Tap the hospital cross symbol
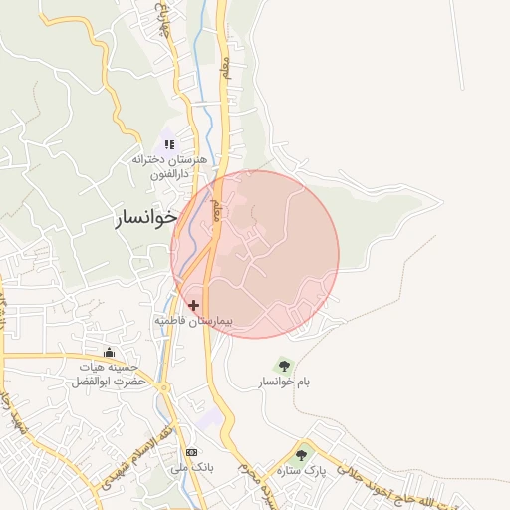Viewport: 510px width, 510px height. [x=193, y=305]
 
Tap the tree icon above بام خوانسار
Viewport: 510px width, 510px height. [x=284, y=365]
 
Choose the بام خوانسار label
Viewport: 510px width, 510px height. [x=284, y=382]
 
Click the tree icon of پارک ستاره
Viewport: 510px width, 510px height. [x=302, y=454]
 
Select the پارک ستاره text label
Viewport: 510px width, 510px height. [x=302, y=470]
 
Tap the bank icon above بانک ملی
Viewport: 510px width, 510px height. [x=191, y=451]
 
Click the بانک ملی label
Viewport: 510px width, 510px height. [x=191, y=467]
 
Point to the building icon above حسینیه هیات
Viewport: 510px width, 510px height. [x=110, y=353]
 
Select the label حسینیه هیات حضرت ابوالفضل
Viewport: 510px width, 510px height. [x=110, y=375]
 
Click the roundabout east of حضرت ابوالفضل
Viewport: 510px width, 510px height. [x=163, y=387]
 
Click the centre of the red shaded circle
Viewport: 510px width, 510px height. [x=255, y=254]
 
